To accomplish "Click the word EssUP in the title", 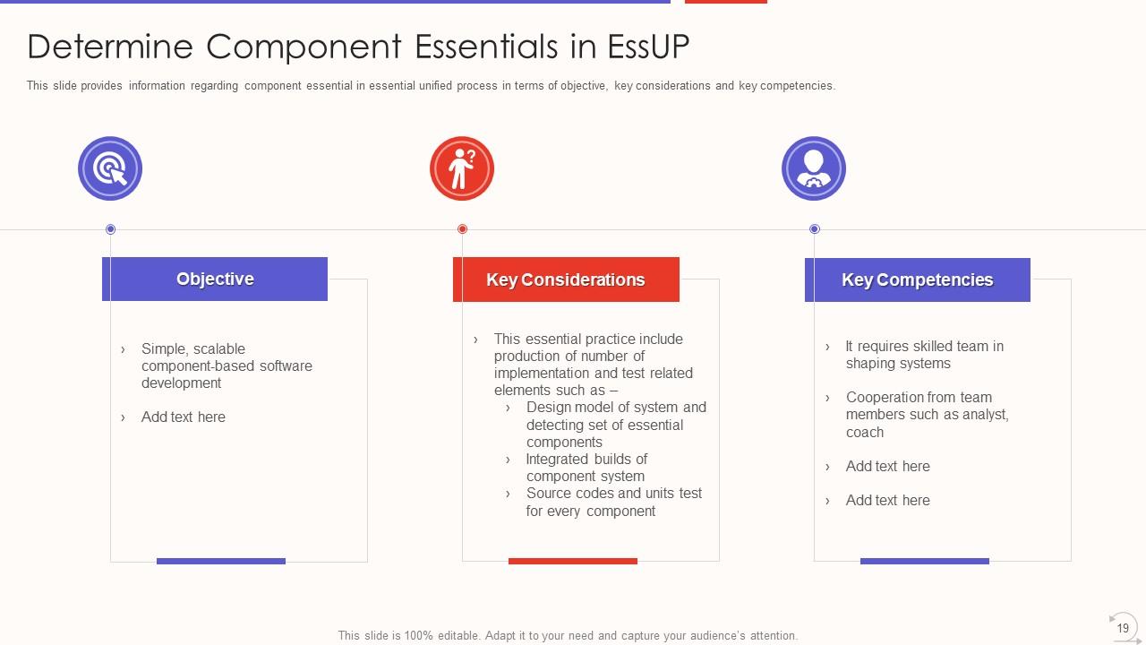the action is (648, 47).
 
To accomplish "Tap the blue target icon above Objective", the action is (110, 168).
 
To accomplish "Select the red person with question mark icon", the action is (462, 168).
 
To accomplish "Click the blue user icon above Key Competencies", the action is (814, 168).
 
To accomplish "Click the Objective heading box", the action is (215, 279).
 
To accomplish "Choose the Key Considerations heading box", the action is (567, 279).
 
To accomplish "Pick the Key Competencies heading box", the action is (918, 280).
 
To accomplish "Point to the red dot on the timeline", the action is (463, 228).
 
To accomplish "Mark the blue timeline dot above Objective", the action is (110, 229).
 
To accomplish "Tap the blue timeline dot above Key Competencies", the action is (815, 228).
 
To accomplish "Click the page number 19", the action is (1123, 628).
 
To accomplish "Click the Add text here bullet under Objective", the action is (184, 417).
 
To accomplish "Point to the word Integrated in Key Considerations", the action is (557, 460).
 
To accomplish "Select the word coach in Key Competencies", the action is (865, 433).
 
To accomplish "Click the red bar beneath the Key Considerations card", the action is (573, 561).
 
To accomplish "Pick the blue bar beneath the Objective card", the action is (221, 561).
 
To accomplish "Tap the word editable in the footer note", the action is (458, 636).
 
